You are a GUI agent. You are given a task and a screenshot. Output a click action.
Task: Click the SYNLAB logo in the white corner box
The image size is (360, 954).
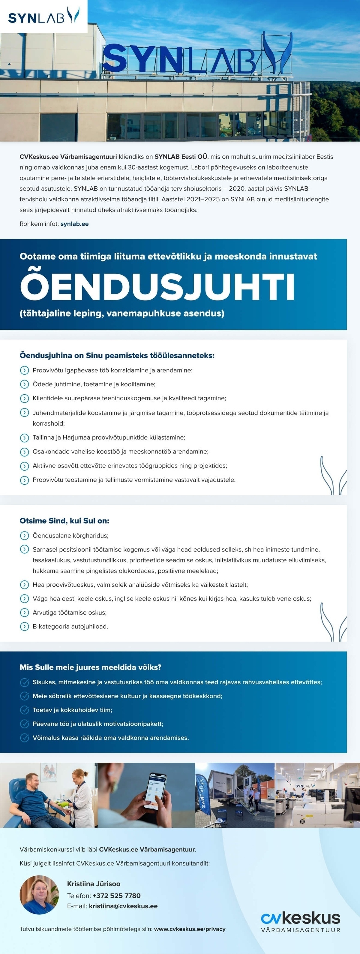click(43, 16)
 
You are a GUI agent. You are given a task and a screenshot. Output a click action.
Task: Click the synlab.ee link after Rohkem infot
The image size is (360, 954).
click(74, 224)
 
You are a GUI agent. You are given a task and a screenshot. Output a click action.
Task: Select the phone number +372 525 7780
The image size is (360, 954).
click(116, 895)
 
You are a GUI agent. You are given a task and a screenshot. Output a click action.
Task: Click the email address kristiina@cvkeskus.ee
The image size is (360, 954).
click(123, 906)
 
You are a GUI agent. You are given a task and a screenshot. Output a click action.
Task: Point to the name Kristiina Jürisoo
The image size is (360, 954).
click(93, 884)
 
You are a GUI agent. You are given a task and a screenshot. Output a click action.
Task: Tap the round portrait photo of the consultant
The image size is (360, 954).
click(39, 895)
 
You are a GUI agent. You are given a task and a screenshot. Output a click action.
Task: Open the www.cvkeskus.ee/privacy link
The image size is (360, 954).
click(190, 929)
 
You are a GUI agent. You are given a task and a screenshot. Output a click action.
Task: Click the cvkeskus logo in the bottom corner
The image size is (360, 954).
click(300, 921)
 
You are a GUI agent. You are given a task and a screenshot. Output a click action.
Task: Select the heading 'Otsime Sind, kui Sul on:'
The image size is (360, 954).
click(64, 521)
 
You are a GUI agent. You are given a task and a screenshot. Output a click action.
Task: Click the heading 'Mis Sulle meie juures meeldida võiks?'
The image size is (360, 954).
click(90, 667)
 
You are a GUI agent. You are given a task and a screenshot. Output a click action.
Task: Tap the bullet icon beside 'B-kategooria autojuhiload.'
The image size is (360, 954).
click(24, 627)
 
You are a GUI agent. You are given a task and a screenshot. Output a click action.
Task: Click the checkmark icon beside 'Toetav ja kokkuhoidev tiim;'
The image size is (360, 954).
click(24, 710)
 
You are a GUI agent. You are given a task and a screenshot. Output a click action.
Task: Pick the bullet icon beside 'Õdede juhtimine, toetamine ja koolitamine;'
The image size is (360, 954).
click(24, 384)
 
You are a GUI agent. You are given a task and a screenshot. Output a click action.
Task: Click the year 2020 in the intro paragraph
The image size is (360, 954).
click(237, 188)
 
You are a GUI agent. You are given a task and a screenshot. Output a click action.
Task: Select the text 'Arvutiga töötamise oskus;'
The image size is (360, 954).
click(70, 612)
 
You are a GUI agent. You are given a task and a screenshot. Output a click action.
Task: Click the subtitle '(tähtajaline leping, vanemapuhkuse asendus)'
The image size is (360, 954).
click(122, 313)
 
